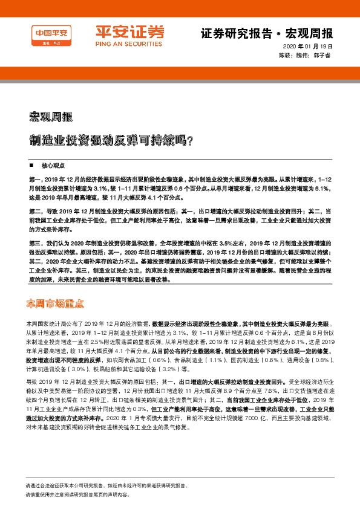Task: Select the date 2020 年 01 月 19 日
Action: click(x=308, y=47)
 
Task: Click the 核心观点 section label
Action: click(x=53, y=164)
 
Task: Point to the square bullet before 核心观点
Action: click(x=31, y=164)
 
